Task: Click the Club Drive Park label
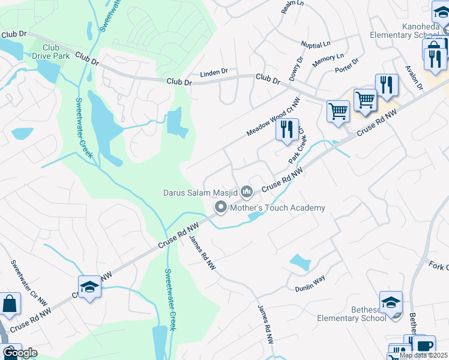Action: [x=56, y=52]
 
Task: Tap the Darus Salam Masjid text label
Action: [x=201, y=193]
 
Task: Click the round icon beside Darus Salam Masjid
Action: [x=247, y=192]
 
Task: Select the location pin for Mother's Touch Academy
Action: [x=220, y=208]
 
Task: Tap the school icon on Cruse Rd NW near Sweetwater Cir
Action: [x=89, y=287]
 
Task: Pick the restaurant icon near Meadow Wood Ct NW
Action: [x=287, y=130]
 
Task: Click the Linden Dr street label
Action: [x=214, y=72]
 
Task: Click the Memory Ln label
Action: [x=328, y=60]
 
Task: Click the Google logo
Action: [x=20, y=353]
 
